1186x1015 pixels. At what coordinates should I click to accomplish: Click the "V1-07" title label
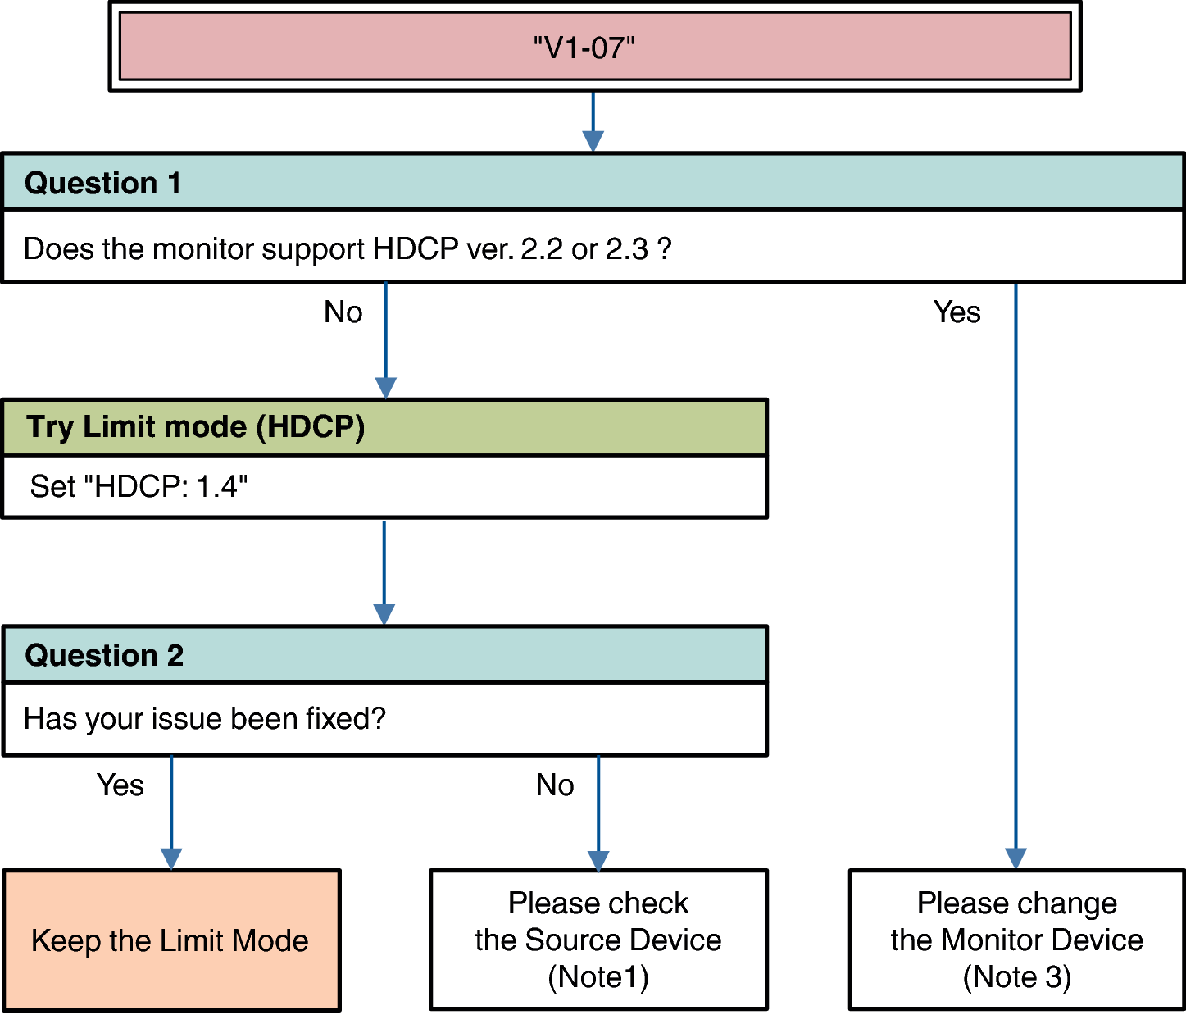584,48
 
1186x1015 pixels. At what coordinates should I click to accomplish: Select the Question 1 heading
102,183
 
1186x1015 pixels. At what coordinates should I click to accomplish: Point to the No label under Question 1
343,312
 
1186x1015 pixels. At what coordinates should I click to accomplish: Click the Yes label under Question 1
957,312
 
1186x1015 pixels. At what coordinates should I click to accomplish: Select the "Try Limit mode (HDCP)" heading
195,427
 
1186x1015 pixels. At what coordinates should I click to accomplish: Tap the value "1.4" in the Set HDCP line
217,486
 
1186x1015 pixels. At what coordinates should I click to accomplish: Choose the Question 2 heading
104,655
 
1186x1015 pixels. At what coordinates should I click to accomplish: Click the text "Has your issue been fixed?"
205,719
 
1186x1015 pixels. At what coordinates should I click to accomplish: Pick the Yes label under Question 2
120,785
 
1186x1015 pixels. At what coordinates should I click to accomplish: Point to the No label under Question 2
555,785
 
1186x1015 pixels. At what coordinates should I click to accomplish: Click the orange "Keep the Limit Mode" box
170,940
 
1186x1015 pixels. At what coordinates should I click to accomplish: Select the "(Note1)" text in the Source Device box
598,977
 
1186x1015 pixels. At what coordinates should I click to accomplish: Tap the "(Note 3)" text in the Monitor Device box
1016,977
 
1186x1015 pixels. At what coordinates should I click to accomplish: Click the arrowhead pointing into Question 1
593,141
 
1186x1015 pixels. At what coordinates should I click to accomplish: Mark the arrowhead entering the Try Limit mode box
385,388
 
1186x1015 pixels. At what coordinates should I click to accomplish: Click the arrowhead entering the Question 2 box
384,615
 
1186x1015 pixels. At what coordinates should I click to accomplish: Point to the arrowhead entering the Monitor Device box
1016,858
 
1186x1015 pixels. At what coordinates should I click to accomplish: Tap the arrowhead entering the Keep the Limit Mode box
171,858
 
